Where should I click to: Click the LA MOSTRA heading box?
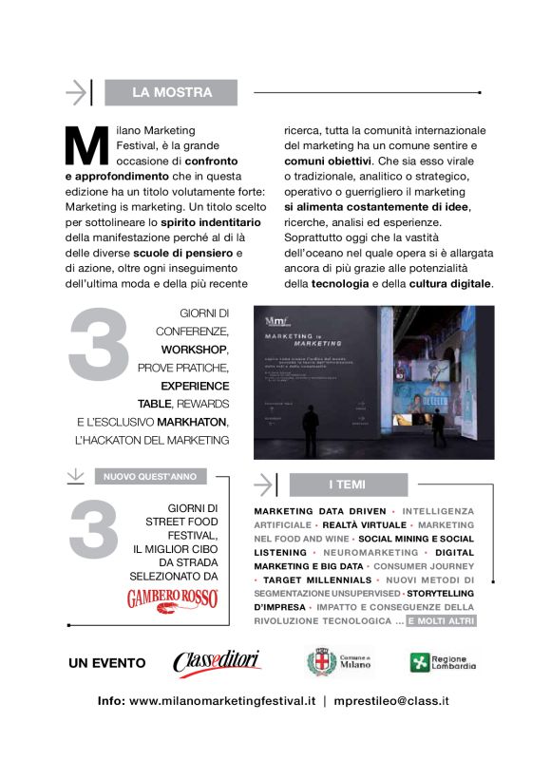(171, 92)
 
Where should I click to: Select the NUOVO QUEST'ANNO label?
(150, 477)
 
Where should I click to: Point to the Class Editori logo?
(218, 662)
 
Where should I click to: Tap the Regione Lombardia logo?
(443, 662)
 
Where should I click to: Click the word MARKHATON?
(190, 422)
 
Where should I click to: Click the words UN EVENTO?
(106, 663)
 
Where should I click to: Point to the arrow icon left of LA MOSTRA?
(78, 92)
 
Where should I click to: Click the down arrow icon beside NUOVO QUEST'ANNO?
(76, 476)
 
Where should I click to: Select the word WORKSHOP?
(195, 350)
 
